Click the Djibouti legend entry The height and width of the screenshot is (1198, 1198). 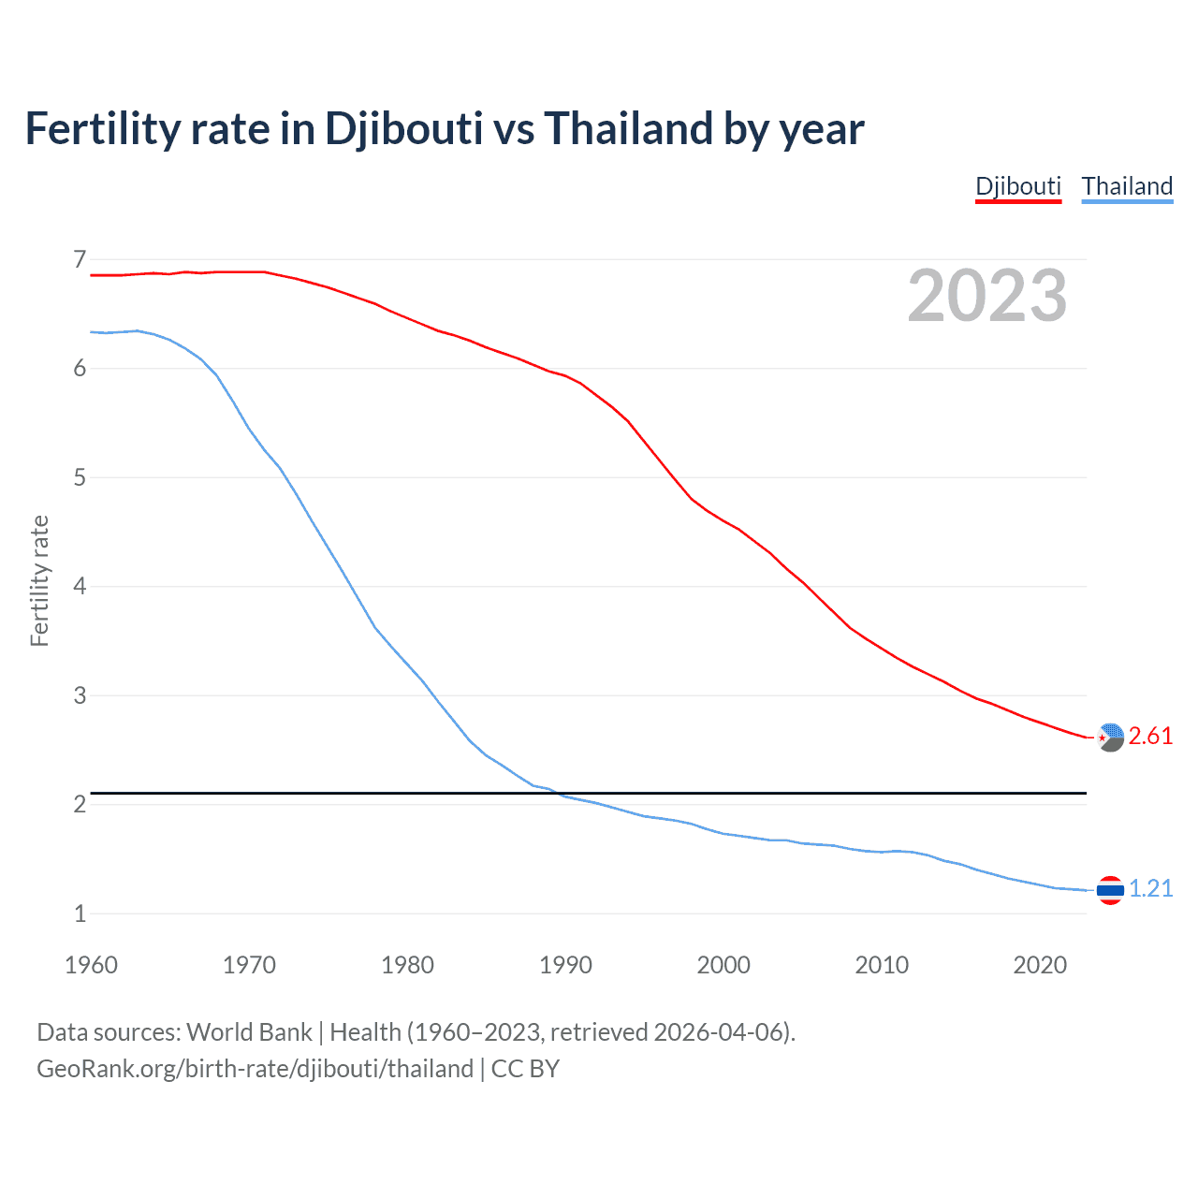coord(1018,186)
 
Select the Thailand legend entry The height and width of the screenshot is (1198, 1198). coord(1127,186)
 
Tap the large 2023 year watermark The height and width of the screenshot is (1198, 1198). coord(986,296)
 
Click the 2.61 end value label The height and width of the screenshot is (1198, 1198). coord(1150,737)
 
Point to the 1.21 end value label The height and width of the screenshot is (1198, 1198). coord(1150,889)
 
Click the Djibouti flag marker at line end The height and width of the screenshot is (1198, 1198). coord(1110,738)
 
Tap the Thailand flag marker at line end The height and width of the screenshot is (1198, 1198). coord(1110,890)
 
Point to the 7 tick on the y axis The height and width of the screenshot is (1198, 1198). coord(80,259)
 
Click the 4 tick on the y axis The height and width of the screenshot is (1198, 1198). coord(80,587)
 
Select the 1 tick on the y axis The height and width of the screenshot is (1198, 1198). coord(80,913)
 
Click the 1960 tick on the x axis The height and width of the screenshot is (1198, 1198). coord(91,965)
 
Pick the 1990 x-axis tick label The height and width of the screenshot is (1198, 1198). coord(565,965)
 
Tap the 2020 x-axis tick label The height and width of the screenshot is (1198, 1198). coord(1040,965)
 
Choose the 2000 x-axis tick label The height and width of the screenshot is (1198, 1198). coord(723,965)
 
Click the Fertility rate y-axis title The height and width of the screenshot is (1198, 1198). coord(39,580)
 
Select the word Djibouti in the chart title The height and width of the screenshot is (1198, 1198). coord(403,128)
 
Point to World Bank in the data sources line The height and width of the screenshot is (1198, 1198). coord(249,1032)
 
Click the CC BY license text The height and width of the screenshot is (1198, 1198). coord(525,1069)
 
